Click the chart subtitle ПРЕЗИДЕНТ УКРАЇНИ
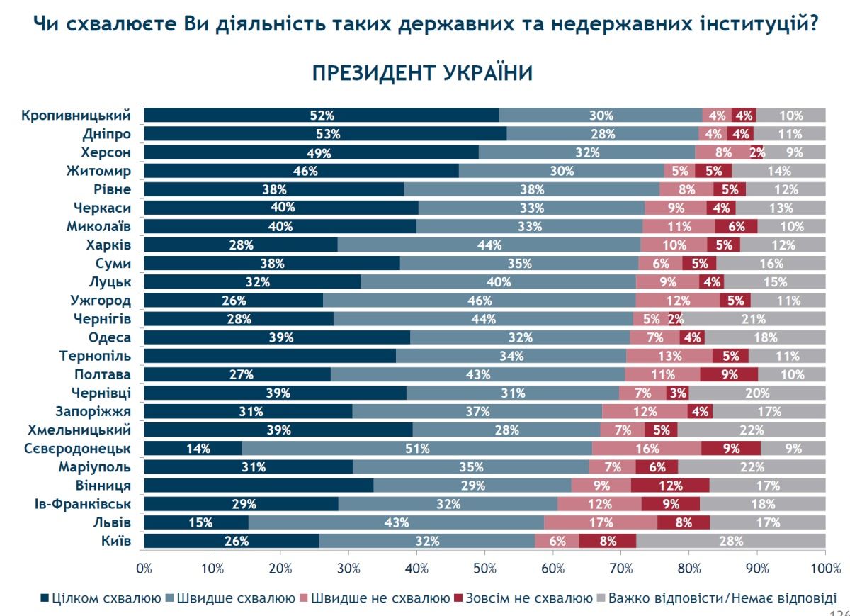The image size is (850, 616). point(422,74)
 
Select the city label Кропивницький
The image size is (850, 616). point(76,115)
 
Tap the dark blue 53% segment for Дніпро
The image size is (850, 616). point(325,133)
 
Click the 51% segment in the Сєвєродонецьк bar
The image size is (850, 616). point(416,448)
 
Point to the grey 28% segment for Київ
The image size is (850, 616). point(731,542)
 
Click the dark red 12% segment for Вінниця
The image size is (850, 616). point(670,486)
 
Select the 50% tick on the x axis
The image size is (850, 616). point(484,568)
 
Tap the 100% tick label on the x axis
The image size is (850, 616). point(825,568)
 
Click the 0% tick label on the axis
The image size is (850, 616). point(144,568)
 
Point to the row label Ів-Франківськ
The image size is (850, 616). point(83,504)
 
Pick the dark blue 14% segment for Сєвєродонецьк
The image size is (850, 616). point(193,448)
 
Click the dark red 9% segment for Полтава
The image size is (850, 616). point(729,374)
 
